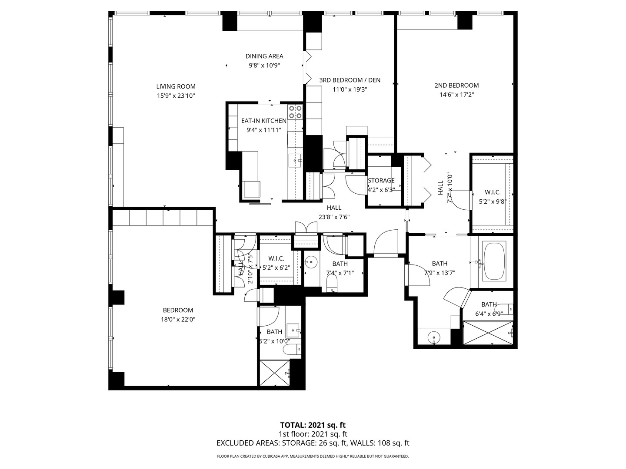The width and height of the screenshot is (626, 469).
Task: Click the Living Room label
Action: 176,86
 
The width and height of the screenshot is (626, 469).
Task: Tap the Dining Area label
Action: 264,56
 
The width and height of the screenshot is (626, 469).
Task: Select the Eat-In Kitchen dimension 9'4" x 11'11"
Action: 264,130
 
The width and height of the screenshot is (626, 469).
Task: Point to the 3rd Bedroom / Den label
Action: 350,80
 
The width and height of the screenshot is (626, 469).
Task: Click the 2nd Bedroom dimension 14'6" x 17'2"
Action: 456,95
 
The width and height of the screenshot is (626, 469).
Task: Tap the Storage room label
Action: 381,181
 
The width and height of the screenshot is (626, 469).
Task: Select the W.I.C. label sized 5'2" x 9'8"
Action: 493,192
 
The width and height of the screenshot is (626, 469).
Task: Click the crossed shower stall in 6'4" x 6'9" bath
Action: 488,333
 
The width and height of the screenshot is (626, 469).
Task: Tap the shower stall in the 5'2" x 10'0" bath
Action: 275,373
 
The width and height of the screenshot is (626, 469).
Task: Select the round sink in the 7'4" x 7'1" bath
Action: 310,262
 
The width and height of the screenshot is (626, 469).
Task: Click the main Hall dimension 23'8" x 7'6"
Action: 334,217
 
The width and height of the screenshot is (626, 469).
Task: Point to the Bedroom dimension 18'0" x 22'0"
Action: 178,320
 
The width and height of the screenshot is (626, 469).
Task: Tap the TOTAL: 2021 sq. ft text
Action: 313,425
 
